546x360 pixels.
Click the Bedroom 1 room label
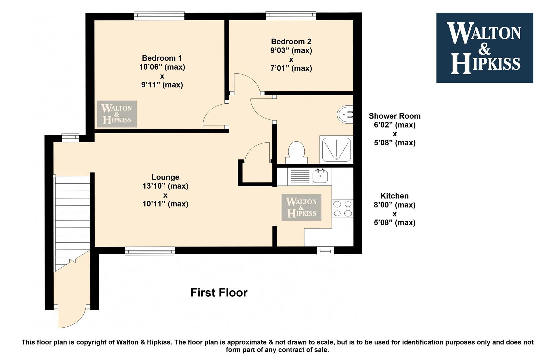pyautogui.click(x=162, y=58)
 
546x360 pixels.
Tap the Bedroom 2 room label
pyautogui.click(x=291, y=41)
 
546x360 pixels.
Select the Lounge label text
pyautogui.click(x=165, y=177)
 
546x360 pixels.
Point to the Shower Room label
pyautogui.click(x=395, y=116)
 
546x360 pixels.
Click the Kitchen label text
pyautogui.click(x=394, y=196)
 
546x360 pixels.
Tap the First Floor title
pyautogui.click(x=219, y=292)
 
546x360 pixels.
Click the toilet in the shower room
pyautogui.click(x=296, y=153)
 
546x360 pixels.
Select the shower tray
pyautogui.click(x=336, y=149)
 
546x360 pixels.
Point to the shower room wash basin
pyautogui.click(x=345, y=114)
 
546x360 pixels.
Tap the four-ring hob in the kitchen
pyautogui.click(x=342, y=209)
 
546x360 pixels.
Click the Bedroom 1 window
pyautogui.click(x=159, y=16)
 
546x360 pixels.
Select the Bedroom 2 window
pyautogui.click(x=291, y=16)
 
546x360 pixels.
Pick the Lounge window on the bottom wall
pyautogui.click(x=150, y=251)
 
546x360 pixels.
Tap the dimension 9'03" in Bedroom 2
pyautogui.click(x=280, y=50)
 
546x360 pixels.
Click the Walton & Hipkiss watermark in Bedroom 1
pyautogui.click(x=117, y=114)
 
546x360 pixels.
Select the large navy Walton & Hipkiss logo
pyautogui.click(x=485, y=48)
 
